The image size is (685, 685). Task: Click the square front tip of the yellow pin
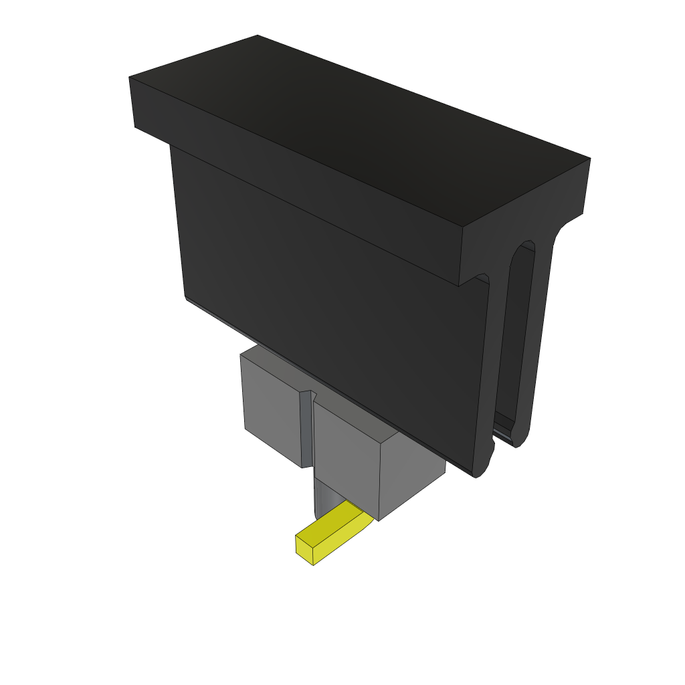coord(304,549)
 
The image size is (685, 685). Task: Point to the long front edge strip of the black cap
coord(294,181)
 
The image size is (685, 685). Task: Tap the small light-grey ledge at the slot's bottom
coord(505,431)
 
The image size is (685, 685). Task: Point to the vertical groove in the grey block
coord(306,428)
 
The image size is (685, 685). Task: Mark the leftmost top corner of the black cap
coord(129,78)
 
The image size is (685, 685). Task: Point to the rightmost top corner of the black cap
coord(589,159)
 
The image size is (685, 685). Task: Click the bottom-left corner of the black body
coord(185,298)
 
